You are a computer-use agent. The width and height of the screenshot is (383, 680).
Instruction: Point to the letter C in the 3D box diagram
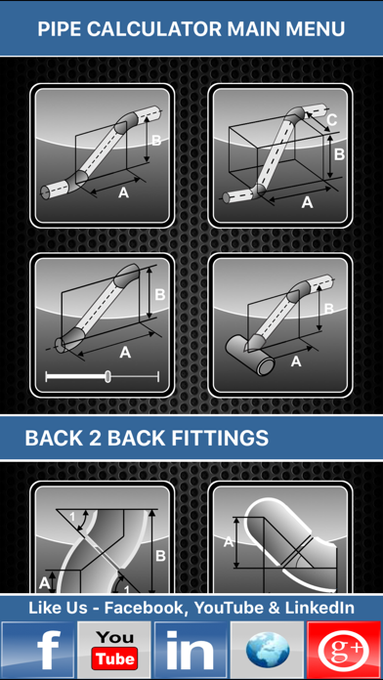[x=333, y=122]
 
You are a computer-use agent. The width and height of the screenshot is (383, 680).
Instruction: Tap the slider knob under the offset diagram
[x=107, y=376]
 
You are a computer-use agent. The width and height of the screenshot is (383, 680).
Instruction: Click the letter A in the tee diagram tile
[x=295, y=361]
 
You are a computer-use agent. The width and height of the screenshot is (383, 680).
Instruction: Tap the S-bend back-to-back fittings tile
[x=103, y=537]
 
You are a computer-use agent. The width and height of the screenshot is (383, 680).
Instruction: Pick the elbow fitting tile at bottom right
[x=280, y=537]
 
